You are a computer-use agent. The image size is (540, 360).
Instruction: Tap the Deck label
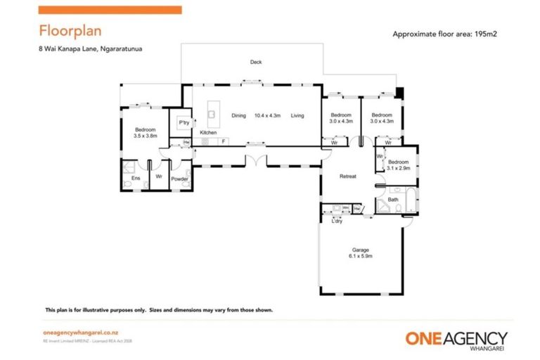[256, 63]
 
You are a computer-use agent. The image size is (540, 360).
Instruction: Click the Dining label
[239, 115]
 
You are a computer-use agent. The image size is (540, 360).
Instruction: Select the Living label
[297, 115]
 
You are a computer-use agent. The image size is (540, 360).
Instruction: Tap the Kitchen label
[208, 133]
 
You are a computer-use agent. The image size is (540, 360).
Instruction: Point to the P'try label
[184, 123]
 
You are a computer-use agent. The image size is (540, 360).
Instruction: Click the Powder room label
[179, 178]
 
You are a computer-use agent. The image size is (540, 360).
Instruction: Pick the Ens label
[136, 178]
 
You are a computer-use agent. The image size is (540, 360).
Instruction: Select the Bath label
[394, 200]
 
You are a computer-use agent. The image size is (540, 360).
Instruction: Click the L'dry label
[337, 221]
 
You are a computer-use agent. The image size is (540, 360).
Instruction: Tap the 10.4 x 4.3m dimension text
[268, 115]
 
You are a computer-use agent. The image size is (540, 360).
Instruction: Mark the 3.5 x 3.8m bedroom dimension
[146, 135]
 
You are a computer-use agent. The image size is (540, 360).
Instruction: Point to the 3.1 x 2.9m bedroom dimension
[398, 168]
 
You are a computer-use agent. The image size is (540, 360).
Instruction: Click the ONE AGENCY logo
[456, 339]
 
